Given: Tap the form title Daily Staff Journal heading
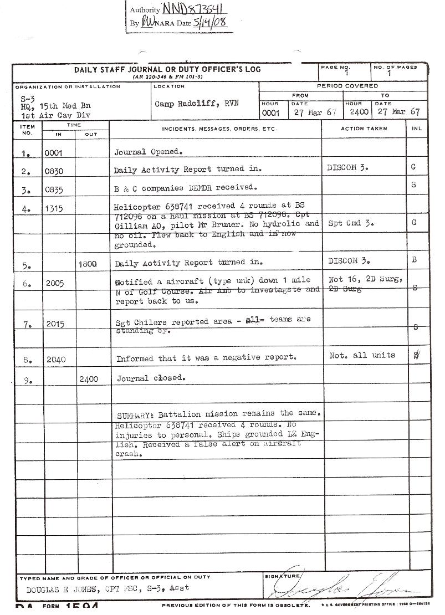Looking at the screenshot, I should click(x=167, y=70).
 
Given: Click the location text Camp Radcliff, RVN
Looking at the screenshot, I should click(x=197, y=104).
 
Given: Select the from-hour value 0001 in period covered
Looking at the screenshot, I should click(x=271, y=112).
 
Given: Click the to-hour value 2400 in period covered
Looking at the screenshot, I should click(x=359, y=112).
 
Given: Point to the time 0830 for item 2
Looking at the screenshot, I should click(x=54, y=172).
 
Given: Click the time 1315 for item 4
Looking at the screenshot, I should click(x=54, y=209).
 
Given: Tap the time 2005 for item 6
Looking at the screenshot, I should click(x=54, y=284).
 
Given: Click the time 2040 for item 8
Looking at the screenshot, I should click(x=56, y=360).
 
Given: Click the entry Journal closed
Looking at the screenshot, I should click(x=151, y=378).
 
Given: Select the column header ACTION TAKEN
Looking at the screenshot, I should click(x=364, y=129).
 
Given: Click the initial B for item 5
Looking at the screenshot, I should click(x=414, y=260).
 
